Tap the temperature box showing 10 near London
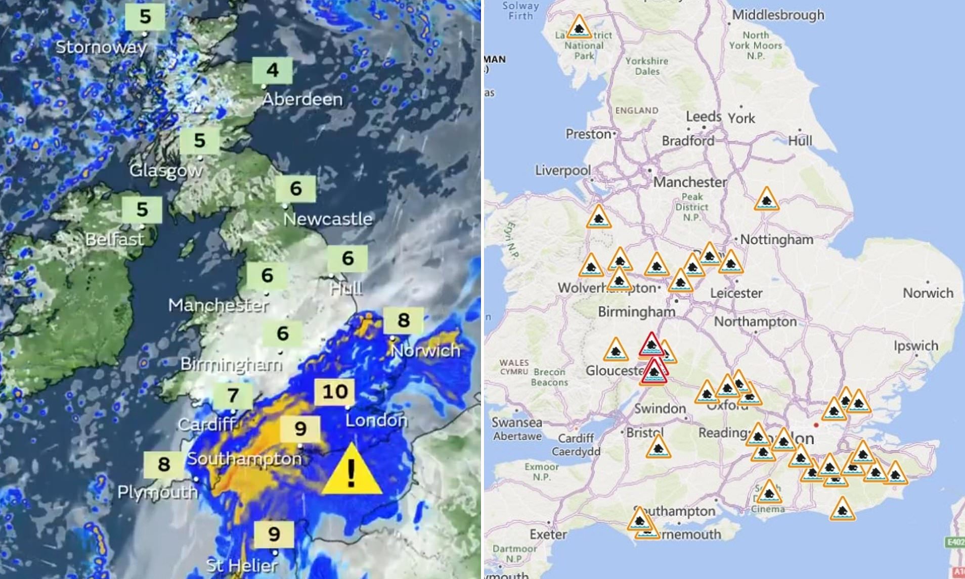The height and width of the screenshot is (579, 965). coord(335,392)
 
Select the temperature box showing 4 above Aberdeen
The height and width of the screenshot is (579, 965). coord(273,70)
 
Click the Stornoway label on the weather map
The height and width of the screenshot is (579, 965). coord(101,47)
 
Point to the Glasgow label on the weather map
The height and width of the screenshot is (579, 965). coord(166,171)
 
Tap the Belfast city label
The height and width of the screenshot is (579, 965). coord(114,239)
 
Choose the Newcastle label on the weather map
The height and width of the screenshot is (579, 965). coord(328,219)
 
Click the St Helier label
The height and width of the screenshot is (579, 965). coord(242,565)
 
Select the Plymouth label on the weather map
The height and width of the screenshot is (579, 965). coord(157,492)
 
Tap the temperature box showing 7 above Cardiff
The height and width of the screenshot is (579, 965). coord(233,395)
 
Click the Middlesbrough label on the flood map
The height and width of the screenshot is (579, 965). coord(778,15)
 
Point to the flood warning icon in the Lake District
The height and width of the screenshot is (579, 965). coord(579,27)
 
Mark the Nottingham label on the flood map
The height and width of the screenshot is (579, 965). coord(777,239)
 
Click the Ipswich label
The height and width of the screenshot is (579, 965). coord(915,346)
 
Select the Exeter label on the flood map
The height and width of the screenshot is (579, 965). coord(548,534)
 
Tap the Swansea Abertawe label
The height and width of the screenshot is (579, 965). coord(517,429)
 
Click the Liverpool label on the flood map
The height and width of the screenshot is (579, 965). coord(563,170)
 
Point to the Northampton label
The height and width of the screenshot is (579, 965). coord(755,322)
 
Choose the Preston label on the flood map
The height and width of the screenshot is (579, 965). coord(588,134)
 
